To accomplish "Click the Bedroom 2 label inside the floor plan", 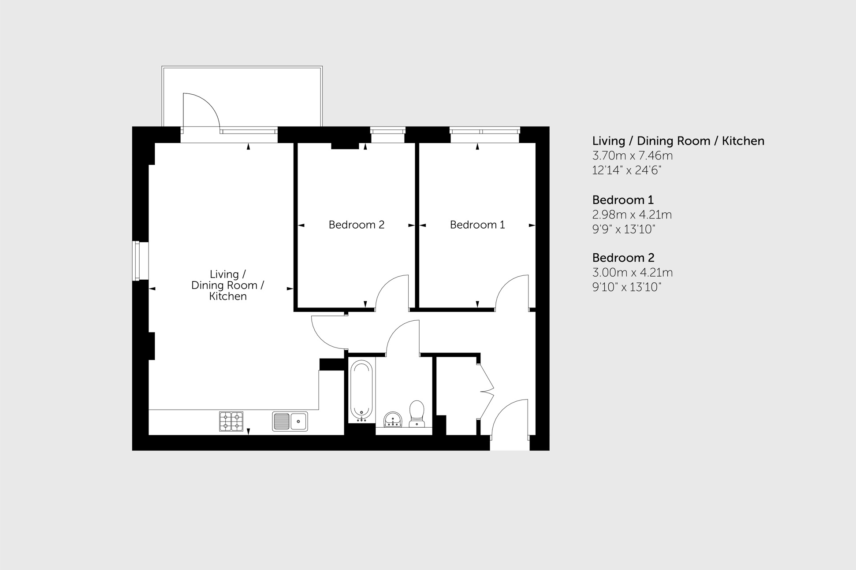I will [x=356, y=225].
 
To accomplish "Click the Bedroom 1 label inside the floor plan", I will [x=477, y=225].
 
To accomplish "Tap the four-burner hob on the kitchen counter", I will [x=231, y=421].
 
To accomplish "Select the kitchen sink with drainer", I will [x=290, y=421].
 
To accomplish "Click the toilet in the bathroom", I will [x=417, y=413].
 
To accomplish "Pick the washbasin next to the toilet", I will [x=392, y=419].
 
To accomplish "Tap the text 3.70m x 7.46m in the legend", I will [x=632, y=155].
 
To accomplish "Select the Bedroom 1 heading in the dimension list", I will [x=622, y=200].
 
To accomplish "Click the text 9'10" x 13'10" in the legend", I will [x=626, y=287].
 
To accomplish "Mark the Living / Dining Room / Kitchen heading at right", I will [x=678, y=141].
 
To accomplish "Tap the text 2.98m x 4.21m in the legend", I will [x=632, y=215].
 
